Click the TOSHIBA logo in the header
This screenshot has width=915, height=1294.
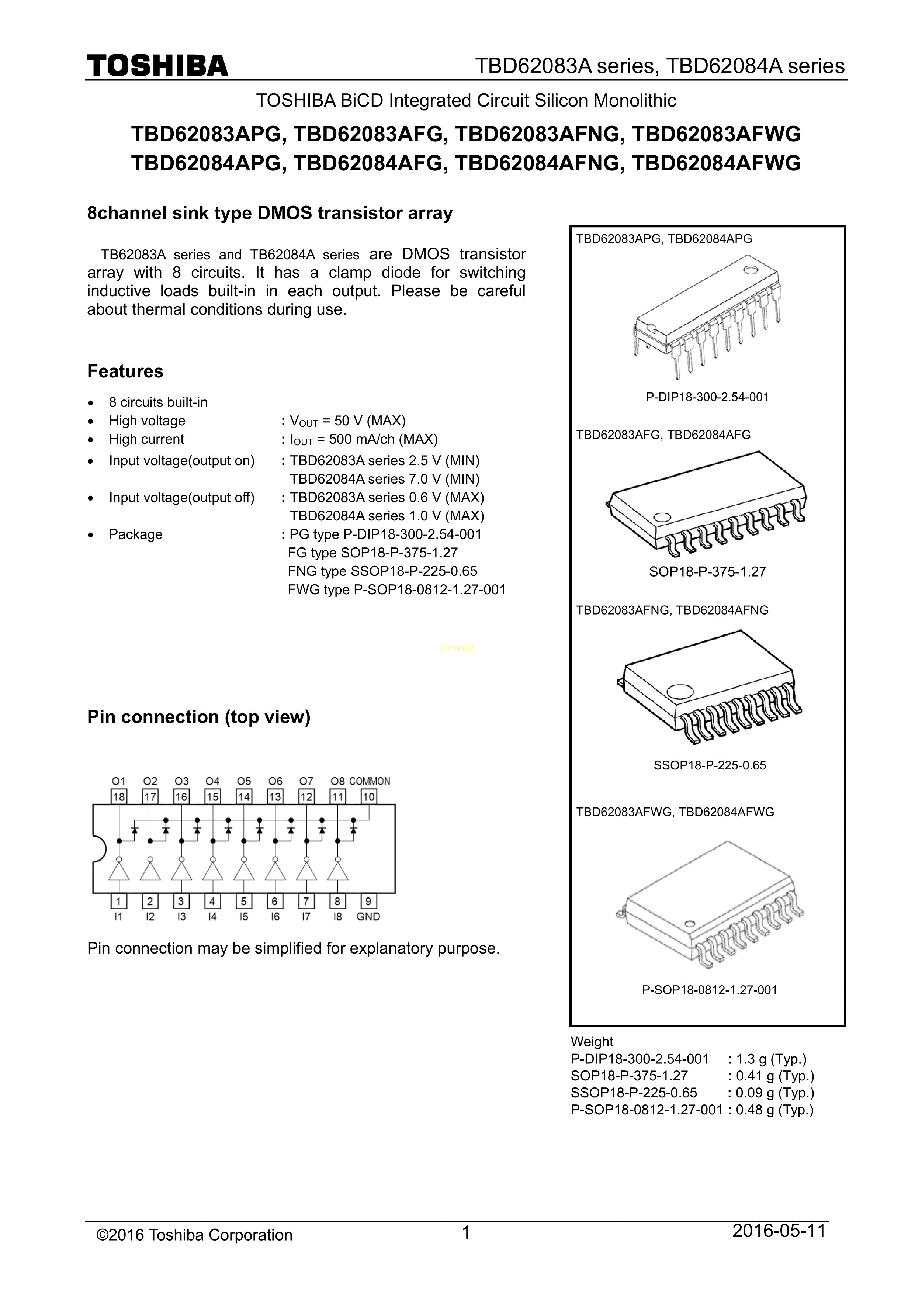[x=157, y=66]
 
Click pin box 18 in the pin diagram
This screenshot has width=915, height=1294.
[x=119, y=797]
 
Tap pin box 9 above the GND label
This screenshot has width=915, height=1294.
[x=368, y=902]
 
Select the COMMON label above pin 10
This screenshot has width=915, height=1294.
[x=370, y=781]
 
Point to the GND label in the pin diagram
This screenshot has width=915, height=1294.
[x=368, y=917]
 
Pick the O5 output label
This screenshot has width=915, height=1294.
[x=244, y=781]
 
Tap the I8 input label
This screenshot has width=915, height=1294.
[x=337, y=917]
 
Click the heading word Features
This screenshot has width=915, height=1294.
[x=125, y=371]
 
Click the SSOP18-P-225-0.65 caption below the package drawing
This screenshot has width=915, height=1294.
[x=709, y=765]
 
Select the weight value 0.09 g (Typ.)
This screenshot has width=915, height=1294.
[x=775, y=1093]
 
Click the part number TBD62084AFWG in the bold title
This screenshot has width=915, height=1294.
[x=716, y=163]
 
